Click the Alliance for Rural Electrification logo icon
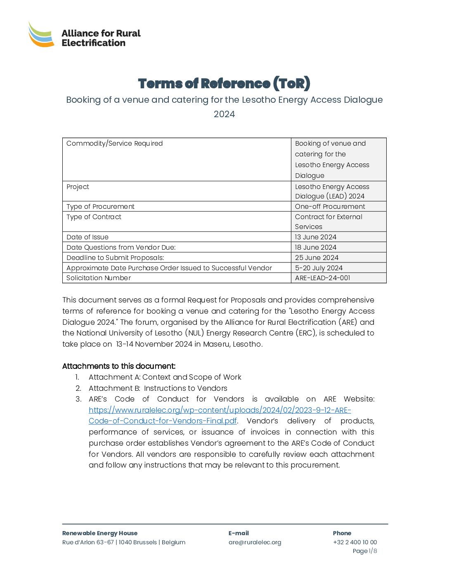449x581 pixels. pyautogui.click(x=41, y=35)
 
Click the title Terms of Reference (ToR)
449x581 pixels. pyautogui.click(x=224, y=84)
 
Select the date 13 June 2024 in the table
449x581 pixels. pyautogui.click(x=316, y=237)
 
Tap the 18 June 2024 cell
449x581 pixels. pyautogui.click(x=316, y=248)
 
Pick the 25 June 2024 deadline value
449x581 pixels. pyautogui.click(x=317, y=258)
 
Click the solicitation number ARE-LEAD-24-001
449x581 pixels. pyautogui.click(x=322, y=278)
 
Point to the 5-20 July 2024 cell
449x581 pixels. pyautogui.click(x=319, y=268)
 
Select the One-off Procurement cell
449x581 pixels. pyautogui.click(x=330, y=207)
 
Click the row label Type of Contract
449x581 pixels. pyautogui.click(x=94, y=217)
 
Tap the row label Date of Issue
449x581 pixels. pyautogui.click(x=87, y=237)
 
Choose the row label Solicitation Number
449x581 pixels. pyautogui.click(x=99, y=278)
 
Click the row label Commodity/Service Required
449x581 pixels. pyautogui.click(x=115, y=144)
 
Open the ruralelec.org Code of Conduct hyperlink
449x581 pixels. pyautogui.click(x=220, y=410)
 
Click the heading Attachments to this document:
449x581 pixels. pyautogui.click(x=119, y=366)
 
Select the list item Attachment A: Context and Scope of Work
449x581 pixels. pyautogui.click(x=165, y=377)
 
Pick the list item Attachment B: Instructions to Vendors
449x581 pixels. pyautogui.click(x=158, y=388)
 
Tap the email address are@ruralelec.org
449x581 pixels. pyautogui.click(x=255, y=542)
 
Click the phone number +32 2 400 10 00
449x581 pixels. pyautogui.click(x=355, y=542)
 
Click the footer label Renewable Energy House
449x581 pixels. pyautogui.click(x=100, y=533)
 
